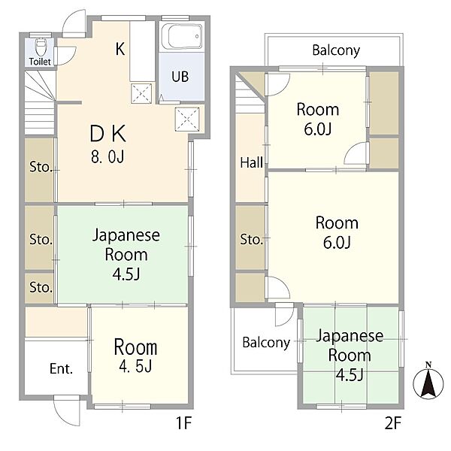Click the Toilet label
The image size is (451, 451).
(40, 62)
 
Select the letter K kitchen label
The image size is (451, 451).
(120, 50)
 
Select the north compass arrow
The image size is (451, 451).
(428, 383)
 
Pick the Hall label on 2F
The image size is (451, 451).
(250, 162)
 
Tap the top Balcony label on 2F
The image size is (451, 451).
(336, 51)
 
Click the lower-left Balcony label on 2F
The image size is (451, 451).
(265, 342)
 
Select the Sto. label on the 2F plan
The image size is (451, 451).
(250, 240)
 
